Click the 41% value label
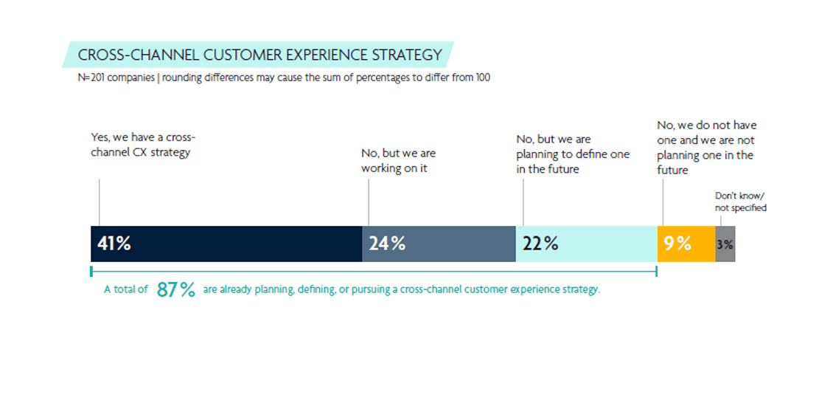114,244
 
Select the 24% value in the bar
387,244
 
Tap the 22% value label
540,244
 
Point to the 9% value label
677,244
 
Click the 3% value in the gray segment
725,244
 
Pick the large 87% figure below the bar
175,290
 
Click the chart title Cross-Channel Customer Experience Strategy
259,55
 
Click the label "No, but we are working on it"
398,160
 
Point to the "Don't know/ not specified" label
740,202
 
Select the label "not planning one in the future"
705,148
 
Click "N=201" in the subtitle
91,78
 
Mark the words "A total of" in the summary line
126,290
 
